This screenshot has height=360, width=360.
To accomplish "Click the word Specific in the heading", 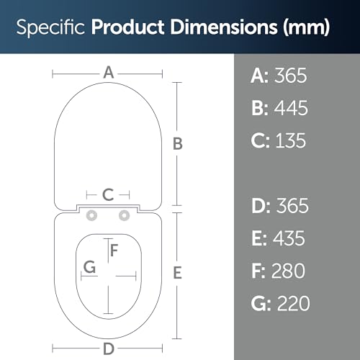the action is click(50, 27).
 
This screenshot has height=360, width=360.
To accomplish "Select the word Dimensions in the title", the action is click(224, 27).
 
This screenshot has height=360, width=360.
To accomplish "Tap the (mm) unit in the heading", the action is click(306, 27).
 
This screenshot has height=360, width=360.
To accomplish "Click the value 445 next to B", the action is click(291, 108).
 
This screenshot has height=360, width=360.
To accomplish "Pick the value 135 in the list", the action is click(291, 140).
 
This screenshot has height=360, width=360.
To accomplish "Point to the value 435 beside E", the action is click(289, 238).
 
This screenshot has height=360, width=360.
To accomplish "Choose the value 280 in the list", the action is click(288, 271).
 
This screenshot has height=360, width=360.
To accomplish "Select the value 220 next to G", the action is click(293, 303).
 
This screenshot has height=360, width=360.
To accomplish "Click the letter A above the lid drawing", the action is click(109, 72).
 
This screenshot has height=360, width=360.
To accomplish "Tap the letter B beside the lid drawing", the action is click(178, 144).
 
